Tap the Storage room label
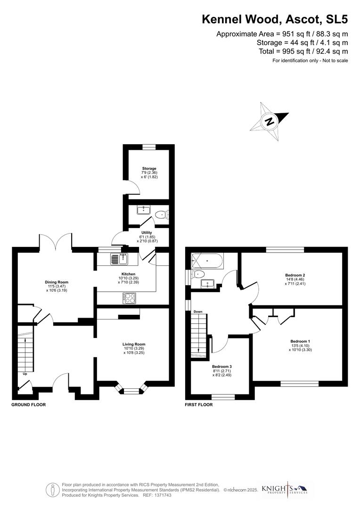tap(149, 168)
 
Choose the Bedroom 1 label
tap(300, 341)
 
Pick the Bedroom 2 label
tap(295, 275)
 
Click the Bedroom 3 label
tap(221, 366)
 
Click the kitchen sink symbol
tap(119, 259)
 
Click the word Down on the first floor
tap(198, 312)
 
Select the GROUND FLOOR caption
tap(29, 404)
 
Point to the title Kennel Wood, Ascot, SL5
tap(275, 19)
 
